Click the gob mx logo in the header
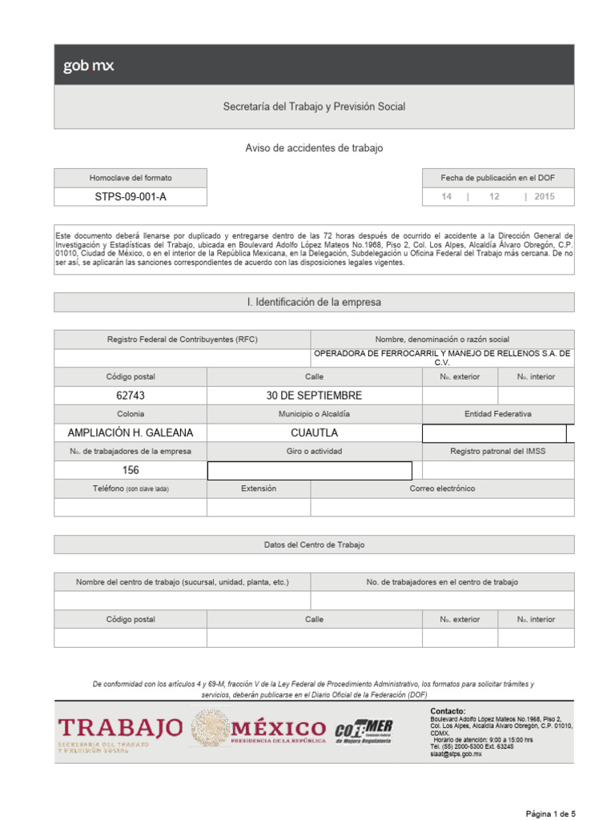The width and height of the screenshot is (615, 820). (89, 66)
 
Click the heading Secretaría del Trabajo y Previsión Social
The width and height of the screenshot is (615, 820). (314, 107)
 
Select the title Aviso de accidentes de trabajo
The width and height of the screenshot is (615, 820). (314, 148)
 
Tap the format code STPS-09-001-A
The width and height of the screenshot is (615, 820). (131, 197)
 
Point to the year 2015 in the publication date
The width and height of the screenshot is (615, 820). (545, 197)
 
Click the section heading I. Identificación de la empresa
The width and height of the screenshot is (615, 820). (314, 303)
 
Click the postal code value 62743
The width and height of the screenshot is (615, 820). (131, 396)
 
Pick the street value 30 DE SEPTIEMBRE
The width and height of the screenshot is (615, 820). (314, 396)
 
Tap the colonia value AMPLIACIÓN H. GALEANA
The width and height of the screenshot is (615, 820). (131, 433)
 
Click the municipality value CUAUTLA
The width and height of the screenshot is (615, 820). (314, 433)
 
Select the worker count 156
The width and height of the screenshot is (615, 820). (131, 471)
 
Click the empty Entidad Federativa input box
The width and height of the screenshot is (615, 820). (494, 433)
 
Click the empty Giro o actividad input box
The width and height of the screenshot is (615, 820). (310, 471)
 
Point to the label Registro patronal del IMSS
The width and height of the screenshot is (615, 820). (497, 452)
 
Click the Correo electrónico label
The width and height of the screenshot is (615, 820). (442, 488)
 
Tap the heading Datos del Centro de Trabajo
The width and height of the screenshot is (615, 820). (314, 545)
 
